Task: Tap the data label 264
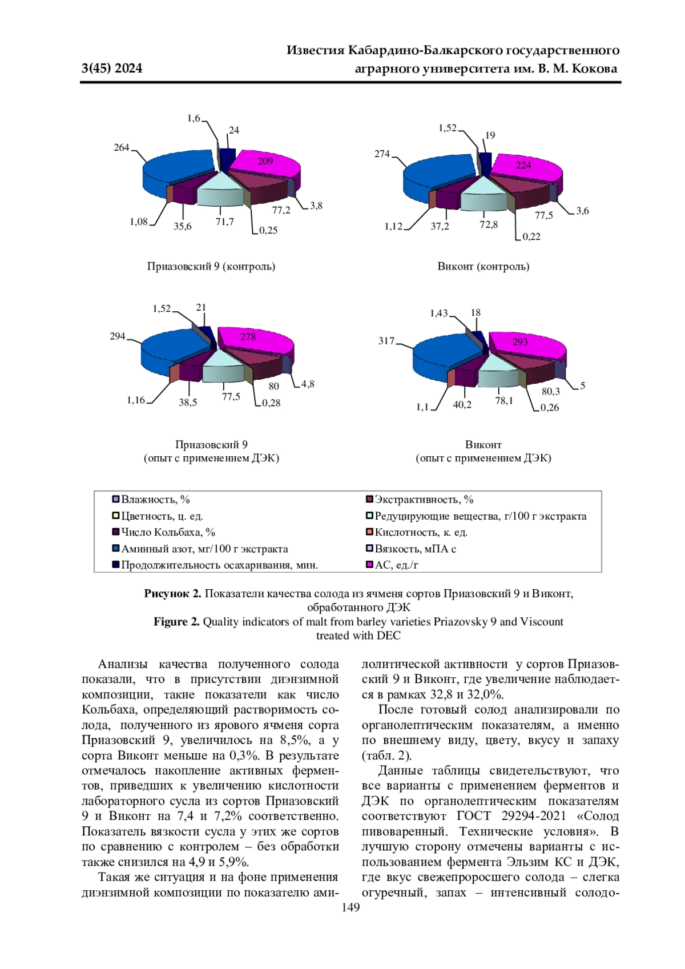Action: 122,148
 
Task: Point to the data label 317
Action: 386,341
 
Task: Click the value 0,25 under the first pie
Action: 268,231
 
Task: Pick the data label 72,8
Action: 489,224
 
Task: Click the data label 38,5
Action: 188,402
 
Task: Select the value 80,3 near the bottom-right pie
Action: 551,391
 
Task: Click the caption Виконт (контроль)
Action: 483,266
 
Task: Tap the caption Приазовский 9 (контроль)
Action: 211,266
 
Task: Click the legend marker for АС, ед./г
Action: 369,565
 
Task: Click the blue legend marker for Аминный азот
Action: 116,549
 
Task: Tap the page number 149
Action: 350,907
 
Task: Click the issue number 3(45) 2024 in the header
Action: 112,69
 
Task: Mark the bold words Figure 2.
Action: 176,621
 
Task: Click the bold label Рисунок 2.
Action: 172,593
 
